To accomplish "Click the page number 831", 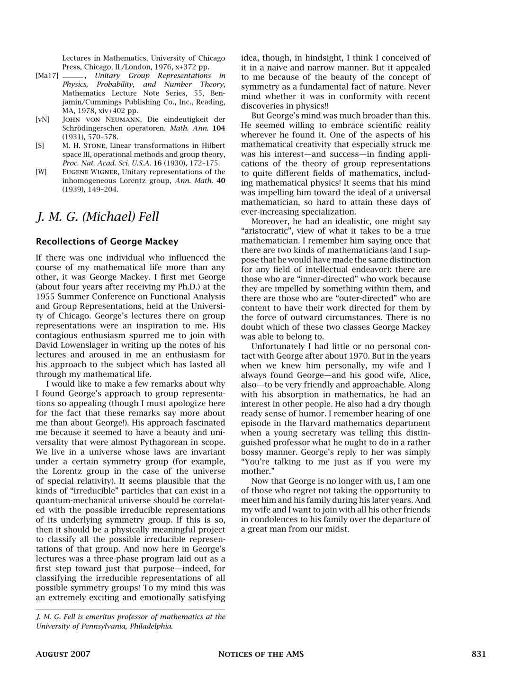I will click(478, 654).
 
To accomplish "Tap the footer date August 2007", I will click(63, 654).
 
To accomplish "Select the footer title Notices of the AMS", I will click(260, 654).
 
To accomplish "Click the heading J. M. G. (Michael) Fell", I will click(98, 217).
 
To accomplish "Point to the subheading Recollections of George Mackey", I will click(107, 242).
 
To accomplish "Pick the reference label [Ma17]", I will click(47, 76).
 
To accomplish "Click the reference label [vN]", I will click(42, 119).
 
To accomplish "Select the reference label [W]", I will click(41, 172).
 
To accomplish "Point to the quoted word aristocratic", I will click(265, 231).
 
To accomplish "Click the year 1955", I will click(45, 297).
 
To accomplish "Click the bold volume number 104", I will click(219, 128).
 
